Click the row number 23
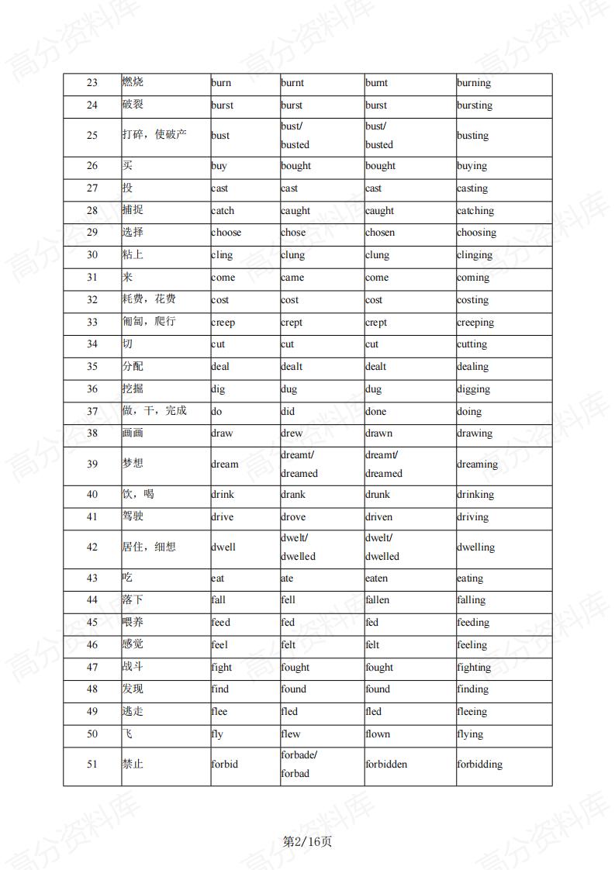tap(92, 83)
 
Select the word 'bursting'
tap(474, 105)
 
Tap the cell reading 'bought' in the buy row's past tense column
tap(295, 166)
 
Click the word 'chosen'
tap(380, 233)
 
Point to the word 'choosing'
tap(476, 233)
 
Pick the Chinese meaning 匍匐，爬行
tap(149, 321)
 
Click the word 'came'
tap(292, 278)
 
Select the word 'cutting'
tap(472, 344)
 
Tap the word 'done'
tap(375, 412)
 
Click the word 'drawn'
tap(378, 433)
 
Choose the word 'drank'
tap(293, 495)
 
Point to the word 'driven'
tap(378, 517)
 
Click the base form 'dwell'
tap(223, 547)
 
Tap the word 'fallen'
tap(377, 600)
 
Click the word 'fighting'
tap(474, 668)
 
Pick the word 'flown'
tap(378, 734)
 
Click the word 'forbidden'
tap(386, 765)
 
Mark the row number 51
tap(92, 765)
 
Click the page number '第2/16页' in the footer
tap(307, 842)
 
